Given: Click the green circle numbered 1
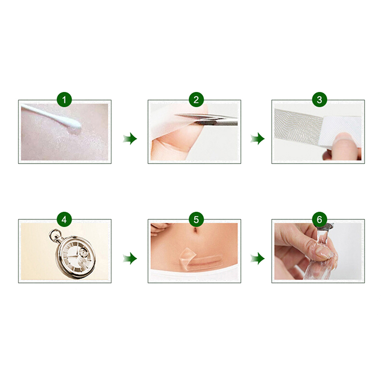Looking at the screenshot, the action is tap(64, 100).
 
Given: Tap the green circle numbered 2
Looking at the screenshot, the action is tap(196, 100).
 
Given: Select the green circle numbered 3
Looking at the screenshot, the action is tap(319, 100).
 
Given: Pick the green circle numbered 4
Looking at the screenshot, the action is tap(64, 220).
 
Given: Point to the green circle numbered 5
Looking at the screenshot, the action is tap(196, 220).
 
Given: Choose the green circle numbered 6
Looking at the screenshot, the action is tap(319, 220).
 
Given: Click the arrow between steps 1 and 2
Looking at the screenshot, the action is tap(130, 139).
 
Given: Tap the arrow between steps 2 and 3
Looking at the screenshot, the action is tap(258, 139).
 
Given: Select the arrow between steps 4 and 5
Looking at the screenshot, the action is tap(130, 258).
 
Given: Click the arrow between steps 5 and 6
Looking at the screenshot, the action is tap(258, 258).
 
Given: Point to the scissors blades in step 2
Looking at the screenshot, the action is tap(207, 118).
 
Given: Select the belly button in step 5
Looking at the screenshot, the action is tap(195, 230).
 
